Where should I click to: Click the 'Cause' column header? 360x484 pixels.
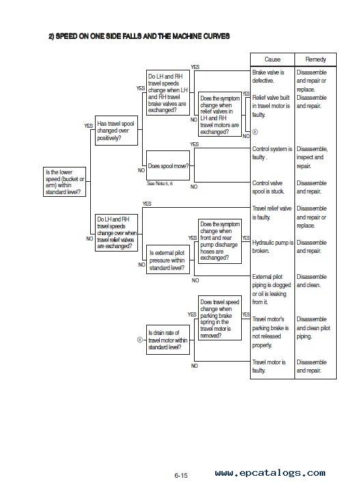click(x=273, y=59)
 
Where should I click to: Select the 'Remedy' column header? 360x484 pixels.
click(x=316, y=59)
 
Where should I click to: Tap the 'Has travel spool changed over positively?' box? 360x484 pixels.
click(x=116, y=131)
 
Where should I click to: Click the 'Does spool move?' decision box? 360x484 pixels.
click(x=168, y=165)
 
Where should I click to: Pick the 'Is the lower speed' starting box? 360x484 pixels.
click(x=64, y=182)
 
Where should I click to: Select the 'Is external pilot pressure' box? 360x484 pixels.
click(x=168, y=260)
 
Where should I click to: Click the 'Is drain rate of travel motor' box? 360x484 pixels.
click(x=168, y=340)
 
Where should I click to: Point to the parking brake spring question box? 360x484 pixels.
click(x=220, y=319)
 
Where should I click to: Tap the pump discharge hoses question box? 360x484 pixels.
click(x=220, y=241)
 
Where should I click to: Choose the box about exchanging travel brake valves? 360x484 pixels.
click(x=168, y=93)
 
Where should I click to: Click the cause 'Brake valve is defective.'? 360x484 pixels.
click(x=268, y=77)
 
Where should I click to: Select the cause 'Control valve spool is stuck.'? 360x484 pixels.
click(x=268, y=187)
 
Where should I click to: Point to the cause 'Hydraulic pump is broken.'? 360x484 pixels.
click(x=273, y=247)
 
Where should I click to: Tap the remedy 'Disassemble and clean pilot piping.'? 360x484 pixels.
click(x=313, y=328)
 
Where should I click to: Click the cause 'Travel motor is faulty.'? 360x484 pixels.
click(x=268, y=366)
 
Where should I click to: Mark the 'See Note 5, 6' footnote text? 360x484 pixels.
click(x=160, y=183)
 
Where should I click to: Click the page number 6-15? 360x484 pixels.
click(x=181, y=475)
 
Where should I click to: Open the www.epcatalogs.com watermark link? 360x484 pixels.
click(x=271, y=473)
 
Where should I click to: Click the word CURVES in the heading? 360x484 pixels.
click(x=217, y=36)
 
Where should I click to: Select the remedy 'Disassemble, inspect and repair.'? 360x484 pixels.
click(x=312, y=157)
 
